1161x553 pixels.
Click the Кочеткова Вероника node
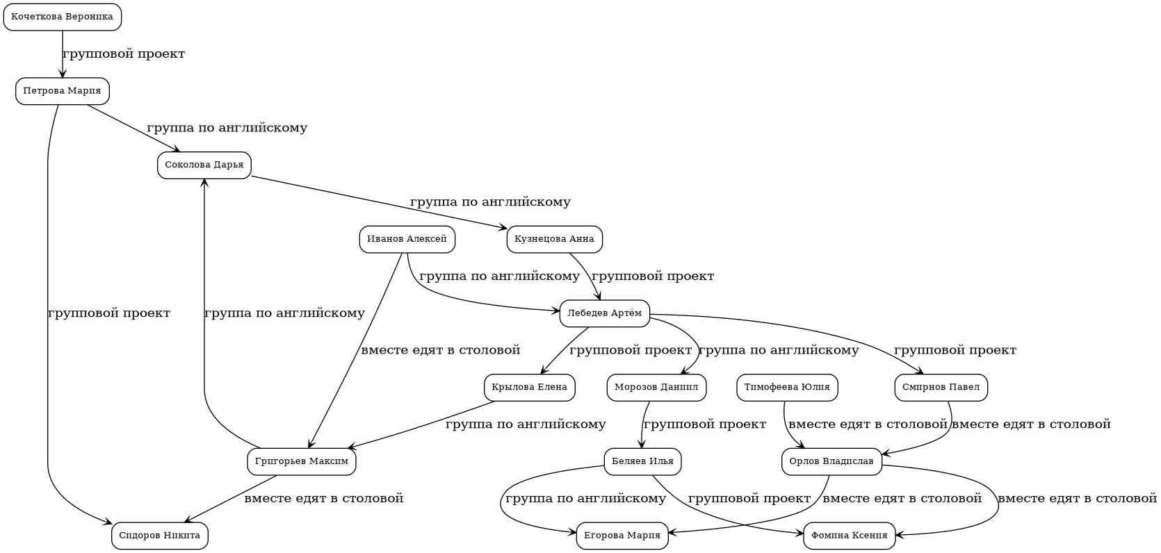pyautogui.click(x=63, y=17)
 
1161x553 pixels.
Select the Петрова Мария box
pyautogui.click(x=63, y=91)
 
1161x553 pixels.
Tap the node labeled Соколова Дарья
pyautogui.click(x=204, y=165)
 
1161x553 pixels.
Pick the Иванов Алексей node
pyautogui.click(x=407, y=240)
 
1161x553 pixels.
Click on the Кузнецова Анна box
pyautogui.click(x=555, y=240)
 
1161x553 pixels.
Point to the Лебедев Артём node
pyautogui.click(x=605, y=313)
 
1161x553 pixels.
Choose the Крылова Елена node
pyautogui.click(x=530, y=388)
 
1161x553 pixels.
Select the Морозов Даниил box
pyautogui.click(x=657, y=388)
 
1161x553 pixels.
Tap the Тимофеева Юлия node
pyautogui.click(x=787, y=388)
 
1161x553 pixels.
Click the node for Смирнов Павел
pyautogui.click(x=941, y=388)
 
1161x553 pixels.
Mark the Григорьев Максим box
pyautogui.click(x=302, y=462)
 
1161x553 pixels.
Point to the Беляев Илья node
pyautogui.click(x=643, y=462)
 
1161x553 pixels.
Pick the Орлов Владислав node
pyautogui.click(x=832, y=462)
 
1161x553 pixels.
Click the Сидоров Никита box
pyautogui.click(x=160, y=536)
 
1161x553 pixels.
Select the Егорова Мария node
pyautogui.click(x=622, y=536)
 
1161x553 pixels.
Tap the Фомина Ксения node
pyautogui.click(x=850, y=536)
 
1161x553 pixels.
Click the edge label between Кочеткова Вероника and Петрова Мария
pyautogui.click(x=124, y=54)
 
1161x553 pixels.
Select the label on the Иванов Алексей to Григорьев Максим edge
pyautogui.click(x=441, y=350)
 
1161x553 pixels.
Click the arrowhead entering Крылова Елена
pyautogui.click(x=544, y=370)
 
